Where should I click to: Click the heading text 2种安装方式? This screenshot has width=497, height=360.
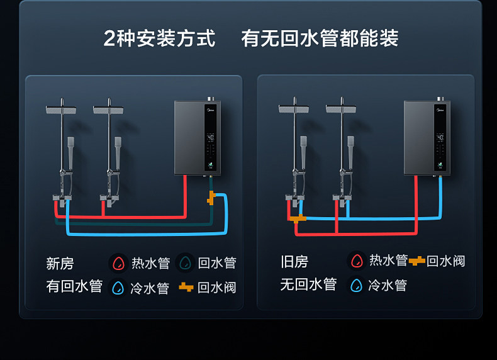[x=159, y=38]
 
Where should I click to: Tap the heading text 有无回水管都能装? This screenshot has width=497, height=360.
[x=320, y=38]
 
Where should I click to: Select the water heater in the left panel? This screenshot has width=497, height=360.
[x=198, y=137]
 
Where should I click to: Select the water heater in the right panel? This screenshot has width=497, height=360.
[x=427, y=137]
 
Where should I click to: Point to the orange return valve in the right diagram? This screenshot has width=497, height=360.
[x=299, y=218]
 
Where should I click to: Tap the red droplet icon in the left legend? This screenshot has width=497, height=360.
[x=118, y=262]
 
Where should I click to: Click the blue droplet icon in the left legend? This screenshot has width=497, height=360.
[x=118, y=288]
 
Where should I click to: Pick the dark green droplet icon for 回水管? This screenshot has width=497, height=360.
[x=186, y=262]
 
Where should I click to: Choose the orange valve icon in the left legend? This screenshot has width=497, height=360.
[x=186, y=287]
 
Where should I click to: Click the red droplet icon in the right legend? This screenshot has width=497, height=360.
[x=357, y=260]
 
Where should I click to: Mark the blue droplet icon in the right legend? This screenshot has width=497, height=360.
[x=357, y=285]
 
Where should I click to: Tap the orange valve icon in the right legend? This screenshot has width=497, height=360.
[x=416, y=261]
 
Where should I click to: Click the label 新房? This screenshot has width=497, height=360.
[x=60, y=262]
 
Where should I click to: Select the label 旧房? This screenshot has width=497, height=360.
[x=294, y=261]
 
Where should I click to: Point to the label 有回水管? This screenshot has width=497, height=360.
[x=74, y=286]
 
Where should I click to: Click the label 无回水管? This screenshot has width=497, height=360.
[x=308, y=284]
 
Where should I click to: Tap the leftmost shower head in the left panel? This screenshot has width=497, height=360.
[x=61, y=110]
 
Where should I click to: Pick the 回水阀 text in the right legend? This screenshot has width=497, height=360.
[x=446, y=261]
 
